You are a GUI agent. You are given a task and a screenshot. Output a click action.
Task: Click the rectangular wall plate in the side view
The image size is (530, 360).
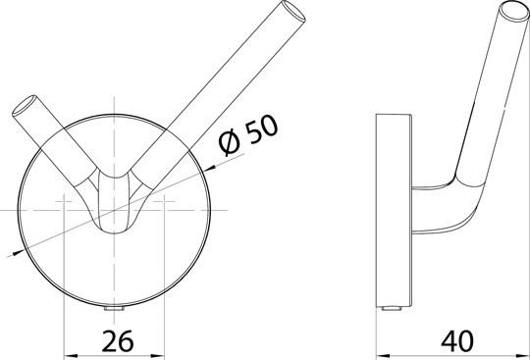pyautogui.click(x=392, y=210)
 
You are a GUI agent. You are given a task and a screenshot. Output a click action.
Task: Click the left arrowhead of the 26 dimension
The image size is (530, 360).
pyautogui.click(x=69, y=353)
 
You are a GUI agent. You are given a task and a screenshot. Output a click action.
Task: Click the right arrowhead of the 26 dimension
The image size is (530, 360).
pyautogui.click(x=160, y=353)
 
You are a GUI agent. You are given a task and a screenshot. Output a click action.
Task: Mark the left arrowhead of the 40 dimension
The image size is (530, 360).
pyautogui.click(x=384, y=353)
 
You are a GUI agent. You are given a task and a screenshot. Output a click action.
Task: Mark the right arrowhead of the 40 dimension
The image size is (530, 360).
pyautogui.click(x=524, y=353)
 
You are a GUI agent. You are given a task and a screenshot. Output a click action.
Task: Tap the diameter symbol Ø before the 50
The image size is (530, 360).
pyautogui.click(x=227, y=144)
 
